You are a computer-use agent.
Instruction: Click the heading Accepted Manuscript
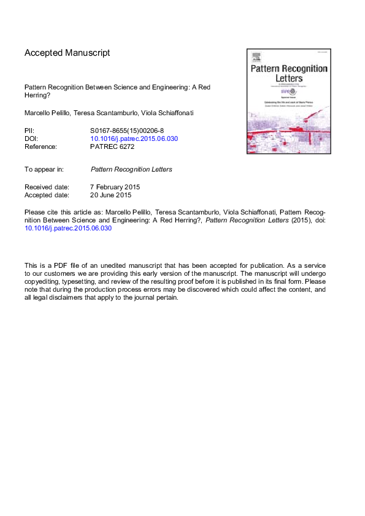click(x=67, y=53)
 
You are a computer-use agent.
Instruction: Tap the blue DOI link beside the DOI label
click(x=134, y=138)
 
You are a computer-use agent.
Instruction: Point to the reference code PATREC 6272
click(x=112, y=146)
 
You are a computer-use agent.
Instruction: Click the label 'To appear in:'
click(x=45, y=169)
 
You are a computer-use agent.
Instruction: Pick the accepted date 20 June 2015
click(x=111, y=195)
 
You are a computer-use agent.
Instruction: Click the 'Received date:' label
click(x=47, y=187)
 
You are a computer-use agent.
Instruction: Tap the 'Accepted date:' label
click(x=47, y=195)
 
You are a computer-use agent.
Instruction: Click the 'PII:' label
click(x=29, y=131)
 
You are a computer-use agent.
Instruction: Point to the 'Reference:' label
click(x=40, y=146)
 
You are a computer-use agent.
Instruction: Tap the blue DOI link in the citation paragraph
click(x=68, y=228)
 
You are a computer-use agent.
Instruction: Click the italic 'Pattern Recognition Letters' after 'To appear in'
click(x=131, y=169)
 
